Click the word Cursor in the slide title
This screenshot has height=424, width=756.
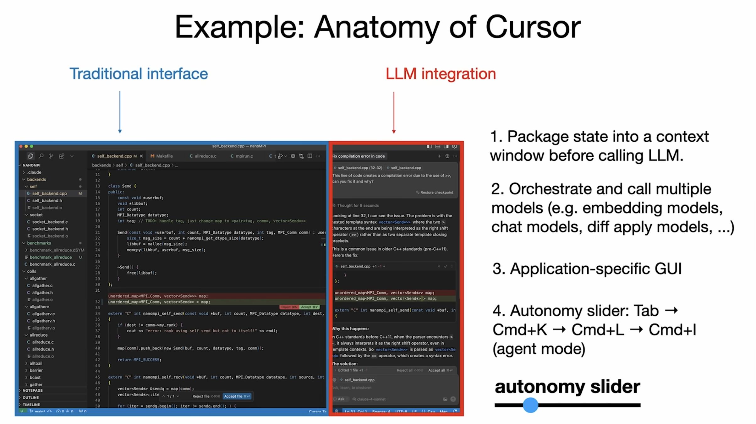(x=533, y=28)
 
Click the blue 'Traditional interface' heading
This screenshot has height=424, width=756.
(x=139, y=74)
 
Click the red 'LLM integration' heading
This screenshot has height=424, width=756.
(x=441, y=74)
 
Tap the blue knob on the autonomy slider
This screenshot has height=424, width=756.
(x=530, y=405)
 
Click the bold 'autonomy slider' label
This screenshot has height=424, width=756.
(x=567, y=386)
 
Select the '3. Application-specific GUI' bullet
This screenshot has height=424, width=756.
(x=587, y=269)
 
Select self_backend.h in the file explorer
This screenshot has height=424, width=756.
(x=47, y=201)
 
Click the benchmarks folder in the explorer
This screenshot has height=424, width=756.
(x=39, y=243)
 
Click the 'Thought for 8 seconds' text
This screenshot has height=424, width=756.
(x=358, y=206)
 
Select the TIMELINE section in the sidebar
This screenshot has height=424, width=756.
(x=31, y=405)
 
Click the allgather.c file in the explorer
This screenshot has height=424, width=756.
(x=42, y=285)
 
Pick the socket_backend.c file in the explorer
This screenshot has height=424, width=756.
(x=50, y=222)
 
